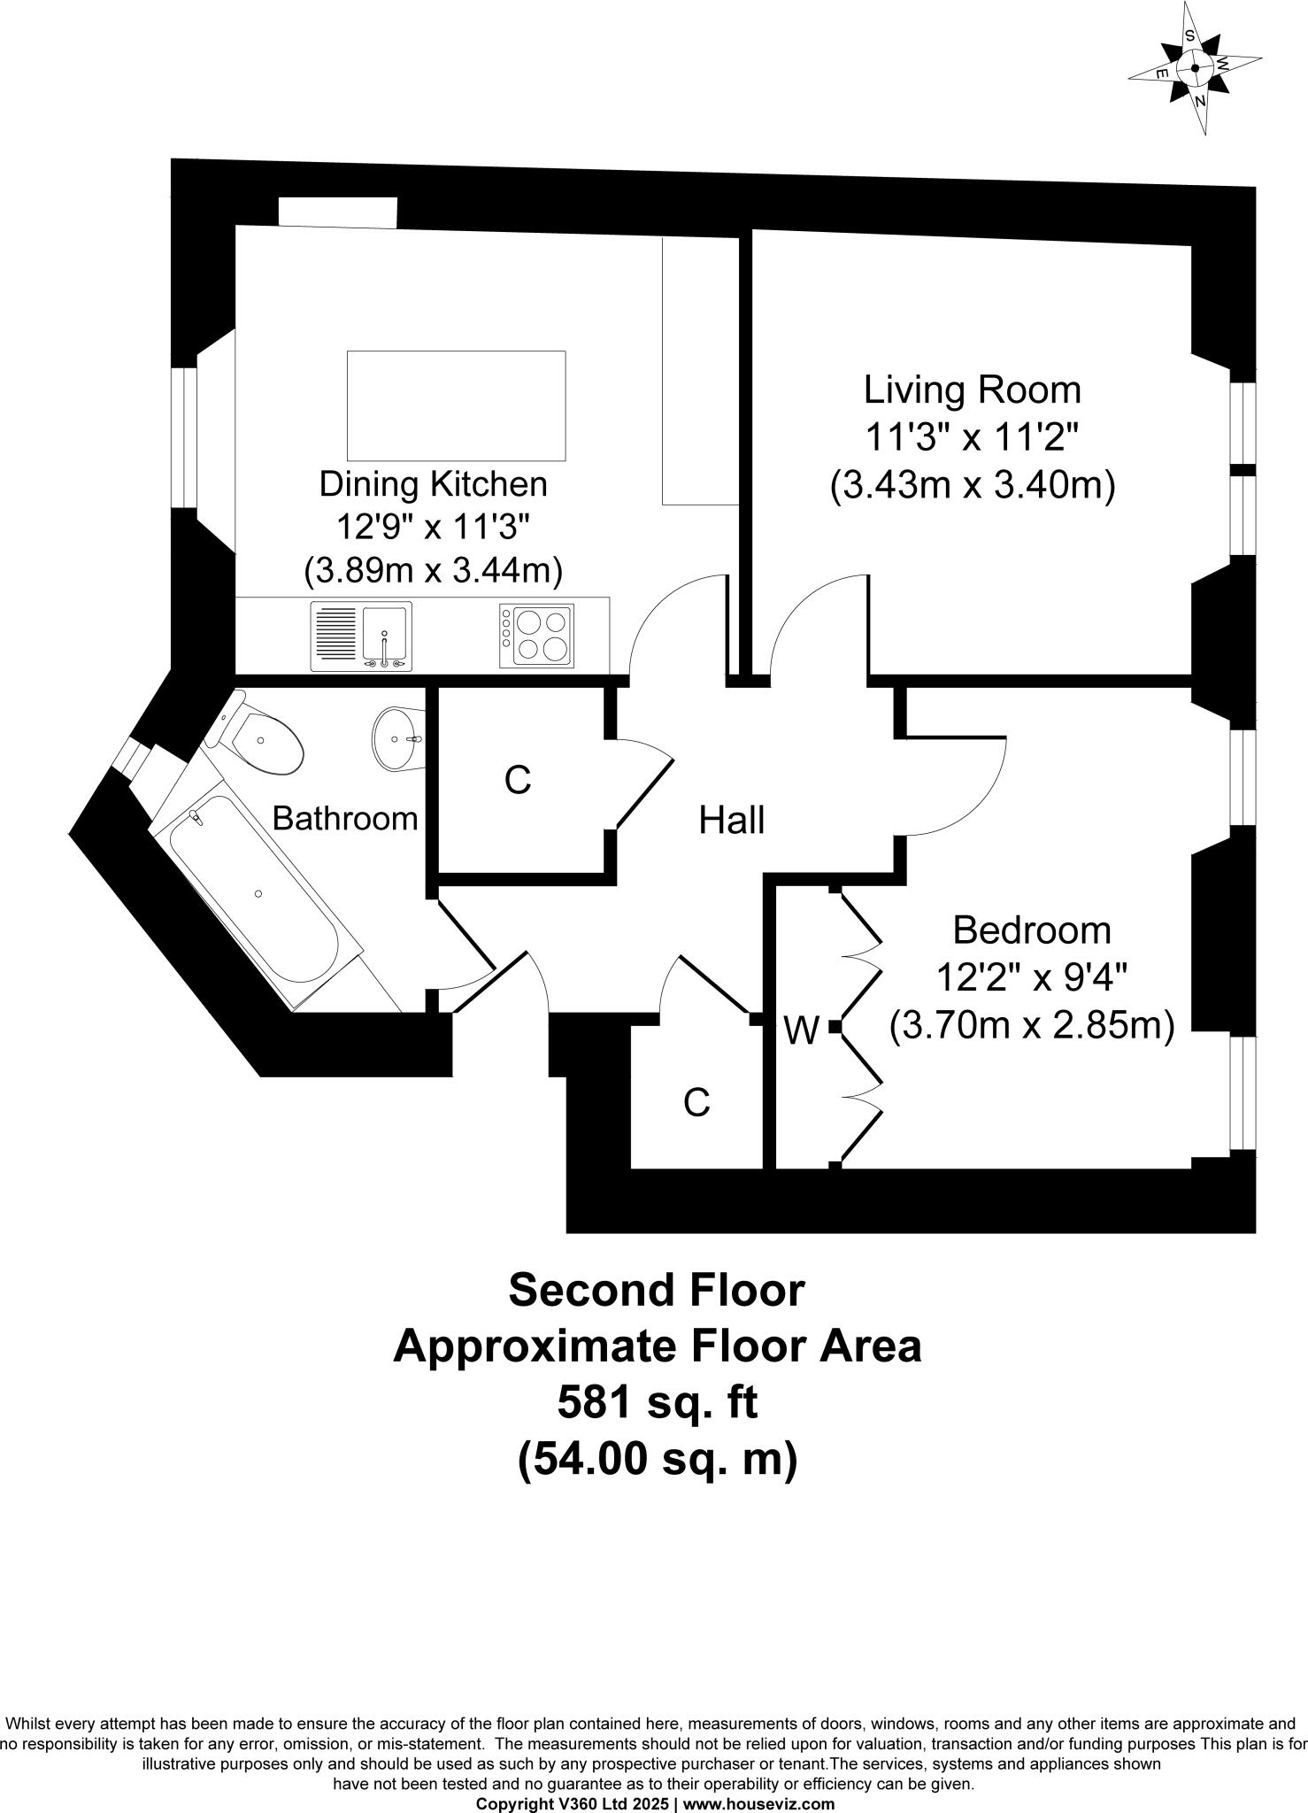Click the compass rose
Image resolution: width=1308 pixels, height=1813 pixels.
click(x=1195, y=68)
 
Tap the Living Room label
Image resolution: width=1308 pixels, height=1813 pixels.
click(x=972, y=390)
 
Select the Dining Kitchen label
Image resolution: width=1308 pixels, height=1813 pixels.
click(x=433, y=484)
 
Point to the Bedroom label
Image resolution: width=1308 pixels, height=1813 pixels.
click(x=1032, y=930)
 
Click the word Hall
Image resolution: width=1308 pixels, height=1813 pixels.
click(x=731, y=821)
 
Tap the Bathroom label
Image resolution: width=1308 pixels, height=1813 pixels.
click(x=344, y=818)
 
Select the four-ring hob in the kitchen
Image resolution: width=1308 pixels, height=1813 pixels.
click(x=536, y=636)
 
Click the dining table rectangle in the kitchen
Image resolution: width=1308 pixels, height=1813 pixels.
click(x=456, y=405)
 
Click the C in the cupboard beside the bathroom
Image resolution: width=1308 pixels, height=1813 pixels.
click(x=518, y=780)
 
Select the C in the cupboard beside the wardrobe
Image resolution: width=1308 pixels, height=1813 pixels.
click(x=697, y=1102)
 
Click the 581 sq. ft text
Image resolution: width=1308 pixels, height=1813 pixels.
click(x=657, y=1403)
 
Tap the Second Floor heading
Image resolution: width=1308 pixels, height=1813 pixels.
click(x=657, y=1291)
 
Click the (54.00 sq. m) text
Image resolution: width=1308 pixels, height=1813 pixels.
click(x=658, y=1458)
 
